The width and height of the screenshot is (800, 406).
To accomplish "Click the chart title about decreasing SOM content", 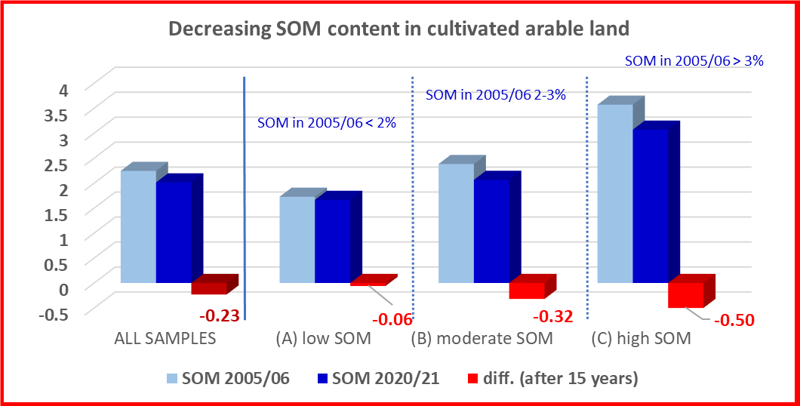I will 398,29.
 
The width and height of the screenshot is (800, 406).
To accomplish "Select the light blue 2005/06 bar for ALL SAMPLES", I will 138,226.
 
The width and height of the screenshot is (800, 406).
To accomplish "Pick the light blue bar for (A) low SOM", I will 297,239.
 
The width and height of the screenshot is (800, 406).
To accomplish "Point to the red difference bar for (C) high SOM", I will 685,294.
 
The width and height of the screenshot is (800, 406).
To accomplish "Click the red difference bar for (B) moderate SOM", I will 527,290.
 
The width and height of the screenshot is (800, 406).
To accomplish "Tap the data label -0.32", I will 555,316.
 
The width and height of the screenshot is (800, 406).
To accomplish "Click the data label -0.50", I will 734,320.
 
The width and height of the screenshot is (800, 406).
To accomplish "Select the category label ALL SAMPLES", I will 165,338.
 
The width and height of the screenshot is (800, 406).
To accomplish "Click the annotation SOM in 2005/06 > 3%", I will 694,60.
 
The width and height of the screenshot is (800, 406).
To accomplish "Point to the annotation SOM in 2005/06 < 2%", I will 327,121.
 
